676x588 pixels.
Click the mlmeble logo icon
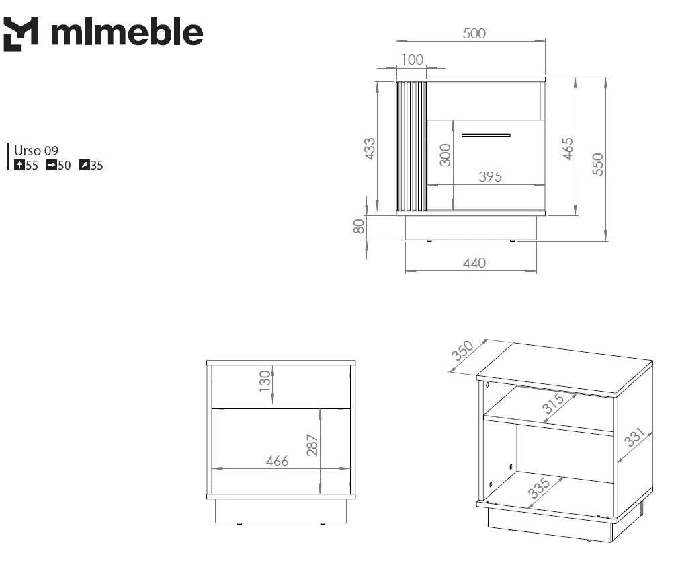[x=21, y=34]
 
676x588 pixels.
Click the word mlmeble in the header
[x=127, y=32]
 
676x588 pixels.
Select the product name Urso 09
[x=36, y=151]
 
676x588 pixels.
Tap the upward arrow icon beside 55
[x=19, y=165]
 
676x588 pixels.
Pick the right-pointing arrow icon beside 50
[x=52, y=165]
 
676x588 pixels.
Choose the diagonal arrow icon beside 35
[x=85, y=165]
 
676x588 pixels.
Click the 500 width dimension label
[x=474, y=33]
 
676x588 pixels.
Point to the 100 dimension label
[x=412, y=60]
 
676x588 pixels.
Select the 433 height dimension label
[x=370, y=149]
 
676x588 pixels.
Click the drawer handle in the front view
[x=486, y=135]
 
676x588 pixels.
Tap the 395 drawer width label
[x=490, y=176]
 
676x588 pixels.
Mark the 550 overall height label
[x=597, y=164]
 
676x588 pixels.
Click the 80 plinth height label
[x=359, y=226]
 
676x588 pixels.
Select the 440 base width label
[x=474, y=263]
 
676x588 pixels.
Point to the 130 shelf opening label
[x=265, y=381]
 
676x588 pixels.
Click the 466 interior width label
[x=278, y=461]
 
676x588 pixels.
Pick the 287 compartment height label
[x=312, y=445]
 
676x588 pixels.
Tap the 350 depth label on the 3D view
[x=462, y=351]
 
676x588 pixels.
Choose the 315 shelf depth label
[x=553, y=404]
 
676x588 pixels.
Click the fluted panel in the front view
[x=411, y=147]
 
